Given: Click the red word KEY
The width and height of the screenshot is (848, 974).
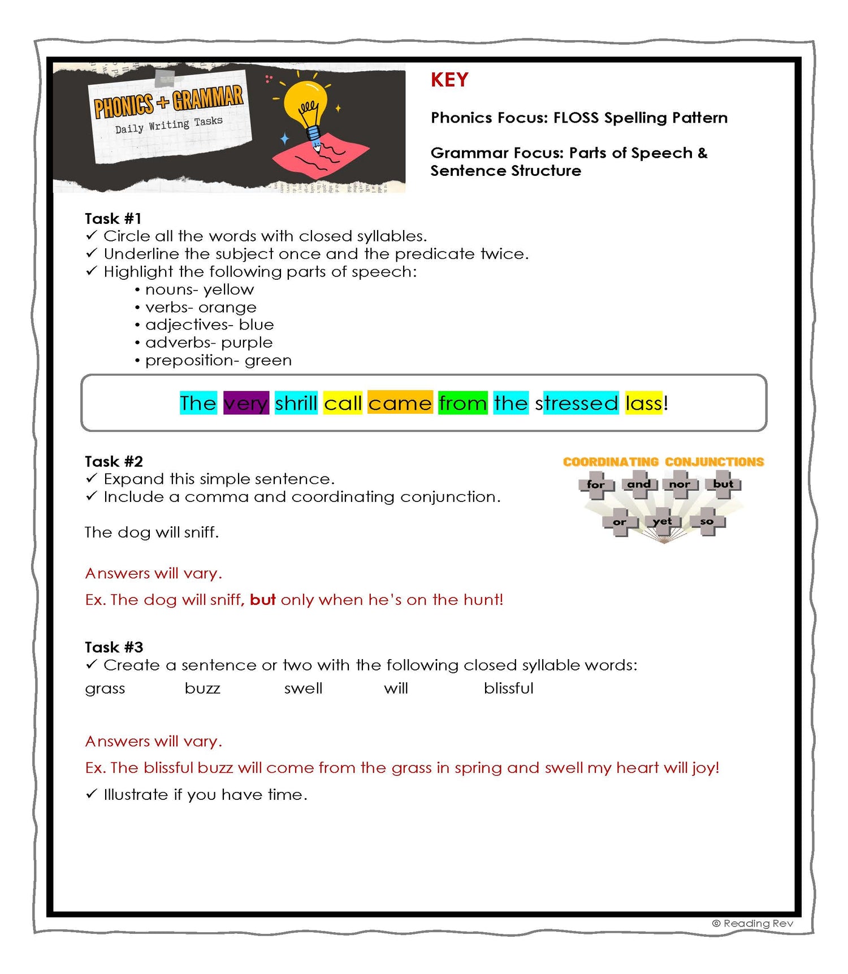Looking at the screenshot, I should [449, 80].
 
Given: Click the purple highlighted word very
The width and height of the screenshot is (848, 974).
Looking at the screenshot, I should [245, 403].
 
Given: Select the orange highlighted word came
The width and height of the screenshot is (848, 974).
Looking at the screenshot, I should [400, 403].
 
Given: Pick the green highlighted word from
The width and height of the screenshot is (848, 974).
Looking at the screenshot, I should [462, 403].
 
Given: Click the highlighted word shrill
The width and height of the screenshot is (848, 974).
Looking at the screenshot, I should [296, 403].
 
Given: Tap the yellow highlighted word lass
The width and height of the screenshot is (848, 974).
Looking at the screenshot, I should [643, 403].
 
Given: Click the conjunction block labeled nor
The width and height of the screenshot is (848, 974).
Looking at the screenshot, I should [680, 484].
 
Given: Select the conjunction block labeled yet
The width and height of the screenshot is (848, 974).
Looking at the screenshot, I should [662, 521].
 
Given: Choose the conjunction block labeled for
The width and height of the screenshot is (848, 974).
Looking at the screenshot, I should [596, 484].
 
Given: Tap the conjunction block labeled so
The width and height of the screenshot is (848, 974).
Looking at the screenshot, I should [707, 521].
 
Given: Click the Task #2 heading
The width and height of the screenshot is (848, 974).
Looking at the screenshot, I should [114, 462].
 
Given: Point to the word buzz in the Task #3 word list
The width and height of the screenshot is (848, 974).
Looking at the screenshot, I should [202, 689].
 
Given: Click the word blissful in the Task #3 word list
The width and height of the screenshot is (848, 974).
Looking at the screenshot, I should [508, 689].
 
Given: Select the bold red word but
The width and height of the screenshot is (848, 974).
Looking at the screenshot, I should [263, 600].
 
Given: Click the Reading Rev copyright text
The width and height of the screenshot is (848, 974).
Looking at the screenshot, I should [752, 923].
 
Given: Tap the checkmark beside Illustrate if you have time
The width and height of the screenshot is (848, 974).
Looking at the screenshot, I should [92, 794].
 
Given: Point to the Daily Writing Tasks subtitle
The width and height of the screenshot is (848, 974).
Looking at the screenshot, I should [168, 125].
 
